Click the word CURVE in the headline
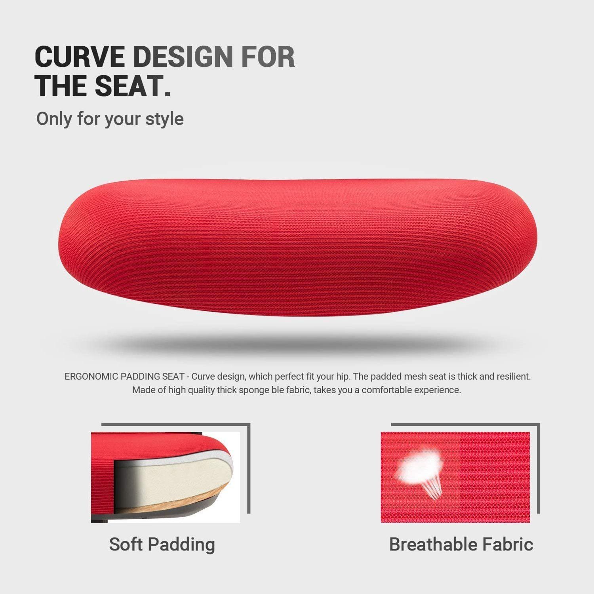79,57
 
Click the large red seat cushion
297,247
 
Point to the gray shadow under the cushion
297,343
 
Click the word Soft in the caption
126,544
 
